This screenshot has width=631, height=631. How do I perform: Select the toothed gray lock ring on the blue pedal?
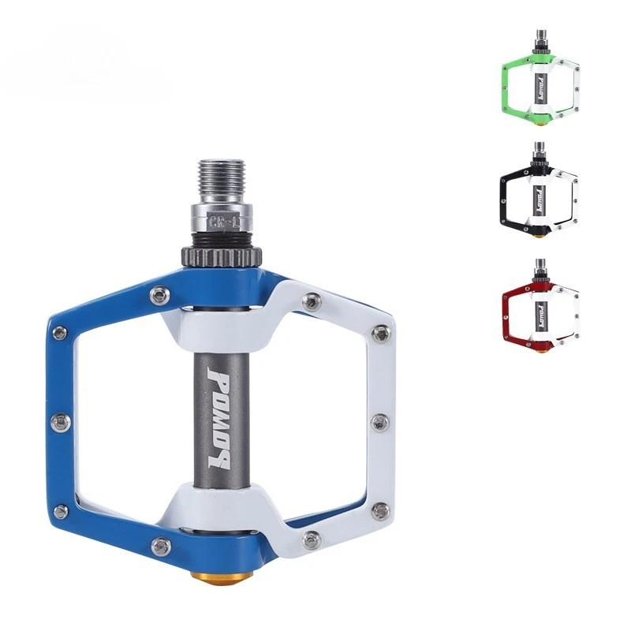(223, 256)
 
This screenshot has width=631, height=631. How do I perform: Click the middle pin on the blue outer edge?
(59, 422)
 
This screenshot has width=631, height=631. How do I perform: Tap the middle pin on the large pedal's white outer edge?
(379, 422)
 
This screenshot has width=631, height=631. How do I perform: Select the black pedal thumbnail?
(540, 193)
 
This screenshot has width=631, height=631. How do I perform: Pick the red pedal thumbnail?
(540, 308)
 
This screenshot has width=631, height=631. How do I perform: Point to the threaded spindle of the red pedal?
(540, 266)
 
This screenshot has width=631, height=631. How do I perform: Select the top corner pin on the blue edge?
(59, 332)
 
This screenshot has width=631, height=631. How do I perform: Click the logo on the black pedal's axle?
(540, 194)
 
